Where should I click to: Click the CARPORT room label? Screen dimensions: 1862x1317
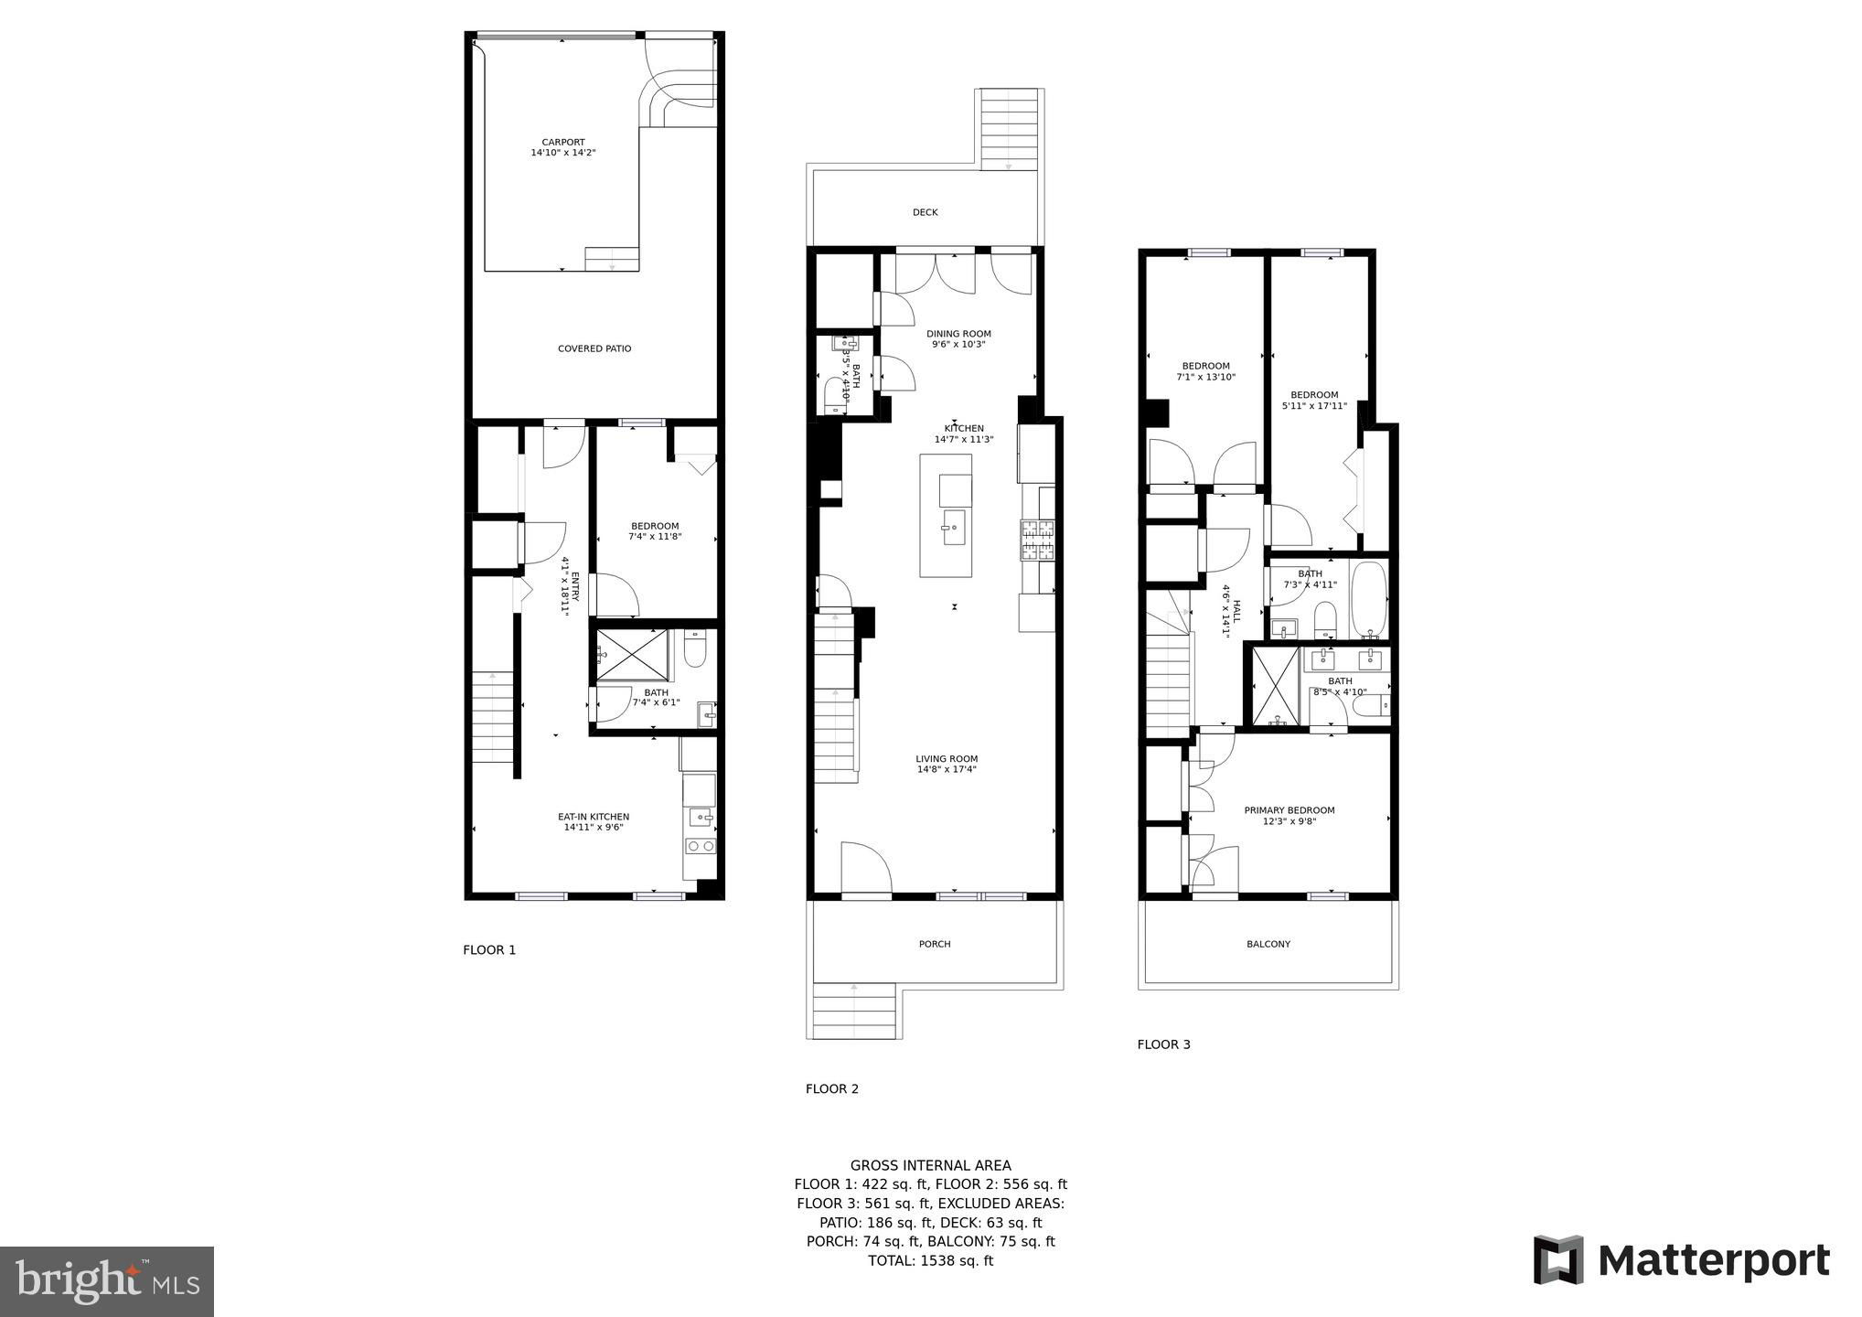[x=563, y=142]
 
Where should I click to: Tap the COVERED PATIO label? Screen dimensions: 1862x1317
[x=594, y=348]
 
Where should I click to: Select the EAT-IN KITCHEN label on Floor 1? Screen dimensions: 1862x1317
[x=594, y=817]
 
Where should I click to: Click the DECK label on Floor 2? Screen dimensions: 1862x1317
[x=926, y=212]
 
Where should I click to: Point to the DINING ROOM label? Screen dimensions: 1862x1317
[x=958, y=334]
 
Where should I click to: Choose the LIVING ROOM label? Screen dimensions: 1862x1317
[x=947, y=758]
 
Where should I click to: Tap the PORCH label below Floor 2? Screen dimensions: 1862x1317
[x=935, y=944]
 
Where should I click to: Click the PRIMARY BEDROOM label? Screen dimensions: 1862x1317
[x=1289, y=810]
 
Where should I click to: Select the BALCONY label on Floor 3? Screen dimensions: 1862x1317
[x=1268, y=944]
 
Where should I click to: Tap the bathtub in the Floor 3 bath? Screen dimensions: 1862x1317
[x=1369, y=600]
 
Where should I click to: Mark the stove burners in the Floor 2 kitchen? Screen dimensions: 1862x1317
[x=1038, y=540]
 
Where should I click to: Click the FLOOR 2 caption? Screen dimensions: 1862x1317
[x=832, y=1088]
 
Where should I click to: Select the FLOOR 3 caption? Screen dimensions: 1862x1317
[x=1164, y=1044]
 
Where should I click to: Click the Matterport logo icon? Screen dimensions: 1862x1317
[x=1558, y=1259]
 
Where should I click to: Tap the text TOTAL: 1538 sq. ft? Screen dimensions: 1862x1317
[x=930, y=1260]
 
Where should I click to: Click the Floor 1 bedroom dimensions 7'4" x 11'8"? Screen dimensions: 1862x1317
[x=655, y=537]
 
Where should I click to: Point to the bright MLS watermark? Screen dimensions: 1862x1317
[x=107, y=1281]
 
